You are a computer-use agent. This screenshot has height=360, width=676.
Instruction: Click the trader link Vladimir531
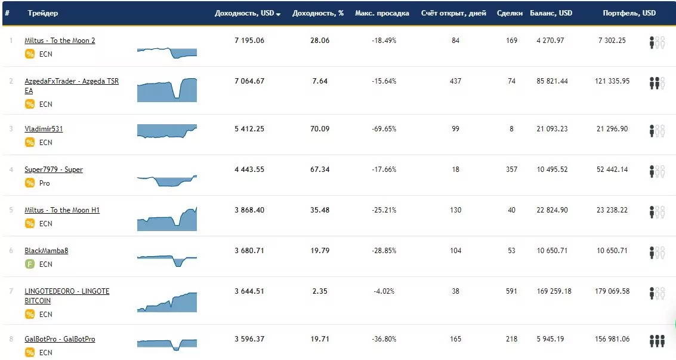point(44,129)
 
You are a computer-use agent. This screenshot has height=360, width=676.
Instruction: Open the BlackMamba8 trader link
point(46,251)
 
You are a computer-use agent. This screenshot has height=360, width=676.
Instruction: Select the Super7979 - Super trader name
point(54,170)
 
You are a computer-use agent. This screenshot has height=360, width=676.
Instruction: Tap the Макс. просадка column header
point(382,13)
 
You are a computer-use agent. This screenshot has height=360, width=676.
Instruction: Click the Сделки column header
point(510,13)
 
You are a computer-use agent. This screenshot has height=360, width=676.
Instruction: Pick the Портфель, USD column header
point(629,13)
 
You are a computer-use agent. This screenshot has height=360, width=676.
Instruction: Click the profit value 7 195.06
point(249,41)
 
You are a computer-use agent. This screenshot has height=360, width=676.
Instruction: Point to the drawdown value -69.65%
point(384,129)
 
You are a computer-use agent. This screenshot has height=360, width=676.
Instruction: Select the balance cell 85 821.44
point(552,81)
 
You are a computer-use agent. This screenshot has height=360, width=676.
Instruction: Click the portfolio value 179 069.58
point(612,291)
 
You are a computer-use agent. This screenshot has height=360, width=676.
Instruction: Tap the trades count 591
point(511,291)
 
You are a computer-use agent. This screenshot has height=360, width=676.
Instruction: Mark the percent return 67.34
point(319,170)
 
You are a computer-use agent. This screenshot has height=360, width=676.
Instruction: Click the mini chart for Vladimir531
point(167,131)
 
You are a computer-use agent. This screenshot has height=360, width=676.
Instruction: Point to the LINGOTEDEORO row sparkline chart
point(167,302)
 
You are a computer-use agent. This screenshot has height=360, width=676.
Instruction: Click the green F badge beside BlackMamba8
point(30,264)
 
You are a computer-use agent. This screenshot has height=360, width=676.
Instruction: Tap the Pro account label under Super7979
point(44,183)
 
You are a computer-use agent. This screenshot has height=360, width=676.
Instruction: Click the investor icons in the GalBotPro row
point(657,341)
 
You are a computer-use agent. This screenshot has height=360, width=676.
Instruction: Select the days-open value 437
point(455,81)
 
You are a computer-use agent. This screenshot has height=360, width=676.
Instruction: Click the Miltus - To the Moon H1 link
point(62,210)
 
